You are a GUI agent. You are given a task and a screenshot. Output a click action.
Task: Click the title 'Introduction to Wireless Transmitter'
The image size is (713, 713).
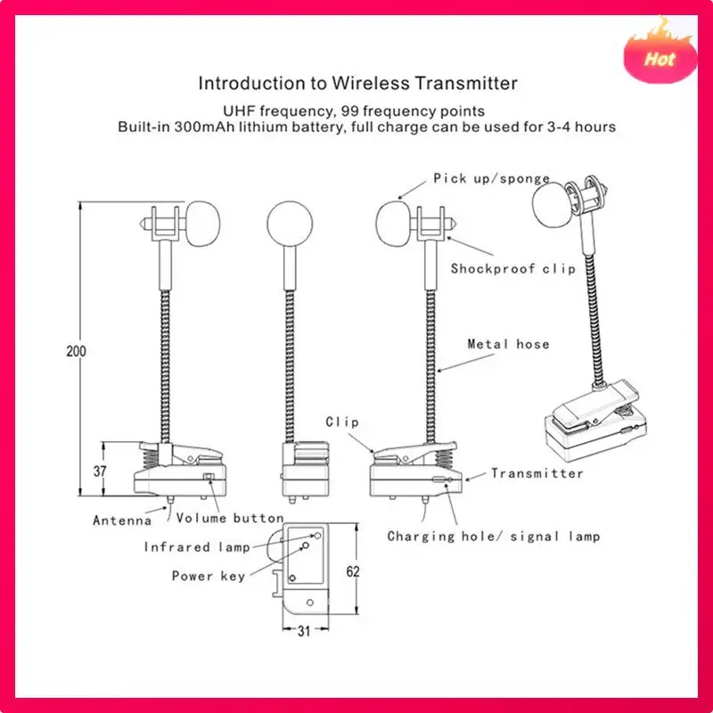(x=357, y=84)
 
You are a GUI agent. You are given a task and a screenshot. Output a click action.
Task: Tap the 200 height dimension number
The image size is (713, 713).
(x=76, y=351)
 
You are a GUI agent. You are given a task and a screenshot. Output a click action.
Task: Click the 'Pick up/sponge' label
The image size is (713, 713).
(x=491, y=178)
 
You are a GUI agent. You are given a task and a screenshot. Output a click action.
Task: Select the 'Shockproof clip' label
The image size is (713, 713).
(x=512, y=268)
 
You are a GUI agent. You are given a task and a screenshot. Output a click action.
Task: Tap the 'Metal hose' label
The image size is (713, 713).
(x=508, y=344)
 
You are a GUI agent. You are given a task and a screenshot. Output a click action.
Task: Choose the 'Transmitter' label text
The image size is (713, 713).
(x=537, y=473)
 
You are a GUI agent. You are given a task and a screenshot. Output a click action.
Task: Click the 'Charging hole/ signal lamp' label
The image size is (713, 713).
(x=493, y=536)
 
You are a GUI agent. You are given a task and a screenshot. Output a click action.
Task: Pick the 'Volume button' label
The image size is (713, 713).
(x=230, y=518)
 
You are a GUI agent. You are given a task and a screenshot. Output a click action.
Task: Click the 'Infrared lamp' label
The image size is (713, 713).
(x=190, y=547)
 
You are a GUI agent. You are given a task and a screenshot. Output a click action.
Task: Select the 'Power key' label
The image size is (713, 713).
(x=208, y=576)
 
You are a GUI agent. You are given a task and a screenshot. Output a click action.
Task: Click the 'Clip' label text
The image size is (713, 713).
(x=341, y=422)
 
